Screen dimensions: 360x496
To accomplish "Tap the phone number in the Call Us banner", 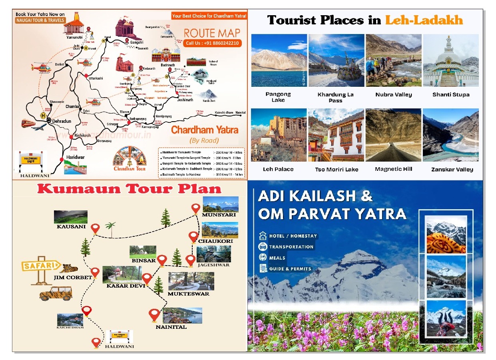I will (217, 43).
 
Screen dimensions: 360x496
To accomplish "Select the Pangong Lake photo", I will (279, 60).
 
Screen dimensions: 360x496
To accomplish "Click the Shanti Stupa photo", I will (450, 60).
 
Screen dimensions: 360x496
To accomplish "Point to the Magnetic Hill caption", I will (393, 169).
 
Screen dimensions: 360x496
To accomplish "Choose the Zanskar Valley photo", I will (450, 135).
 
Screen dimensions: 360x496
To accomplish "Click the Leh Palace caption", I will (278, 169).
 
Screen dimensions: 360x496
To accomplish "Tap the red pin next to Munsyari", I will (195, 209).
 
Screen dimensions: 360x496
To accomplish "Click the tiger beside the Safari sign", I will (69, 268).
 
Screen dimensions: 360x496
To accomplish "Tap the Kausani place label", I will (71, 226).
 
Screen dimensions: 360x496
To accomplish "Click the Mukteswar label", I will (188, 294).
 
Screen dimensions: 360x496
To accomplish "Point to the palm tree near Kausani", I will (110, 228).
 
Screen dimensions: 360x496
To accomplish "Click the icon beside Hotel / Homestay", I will (263, 236).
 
